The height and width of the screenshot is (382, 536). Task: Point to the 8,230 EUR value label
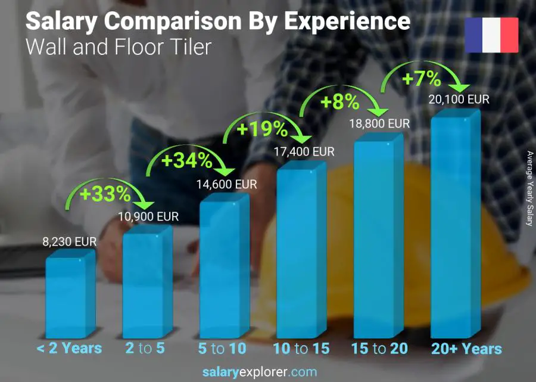click(69, 243)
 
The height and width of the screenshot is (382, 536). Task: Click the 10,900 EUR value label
click(151, 217)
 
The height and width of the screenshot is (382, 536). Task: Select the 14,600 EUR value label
click(227, 185)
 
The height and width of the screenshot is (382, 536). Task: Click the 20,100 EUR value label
click(459, 99)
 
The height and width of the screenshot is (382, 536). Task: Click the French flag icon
click(491, 35)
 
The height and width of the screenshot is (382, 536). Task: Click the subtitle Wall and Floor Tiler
click(119, 46)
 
